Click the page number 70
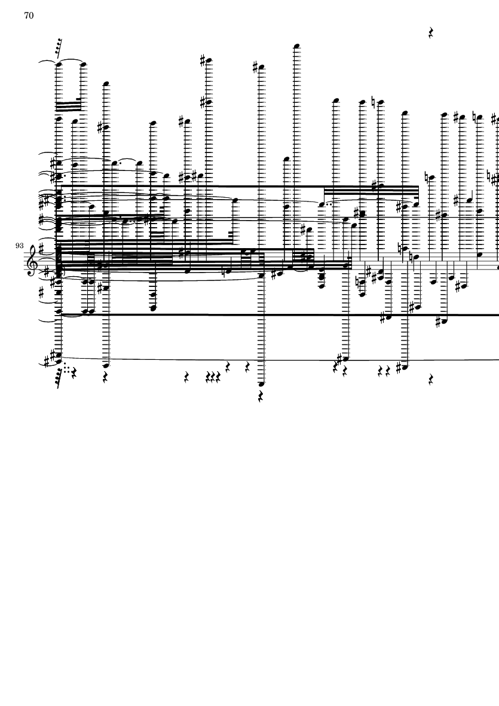[29, 16]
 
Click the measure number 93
[19, 246]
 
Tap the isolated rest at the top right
[431, 33]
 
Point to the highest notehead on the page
[296, 46]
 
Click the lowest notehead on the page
[261, 384]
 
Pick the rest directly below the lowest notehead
[261, 396]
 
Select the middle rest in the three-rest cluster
[213, 377]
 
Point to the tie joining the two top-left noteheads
[71, 61]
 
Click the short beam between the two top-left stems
[68, 107]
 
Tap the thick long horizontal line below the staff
[279, 314]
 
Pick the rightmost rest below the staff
[431, 380]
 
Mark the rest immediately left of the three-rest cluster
[187, 377]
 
